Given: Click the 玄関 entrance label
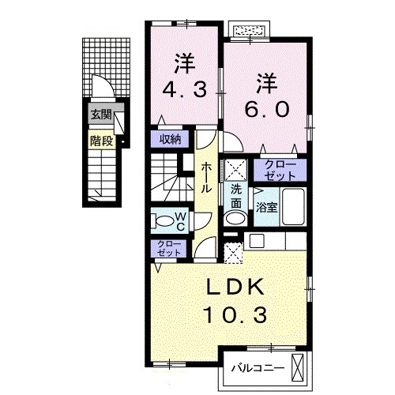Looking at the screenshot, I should coord(100,114).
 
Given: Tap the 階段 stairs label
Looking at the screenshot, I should coord(100,142).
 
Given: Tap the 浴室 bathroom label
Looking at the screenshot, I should coord(265,208).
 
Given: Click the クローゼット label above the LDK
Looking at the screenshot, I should coord(167,248).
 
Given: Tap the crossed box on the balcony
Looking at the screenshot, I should coord(299,367).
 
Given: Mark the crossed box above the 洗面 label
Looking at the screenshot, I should coord(235,169).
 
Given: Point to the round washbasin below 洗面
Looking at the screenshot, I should coord(233,218).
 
